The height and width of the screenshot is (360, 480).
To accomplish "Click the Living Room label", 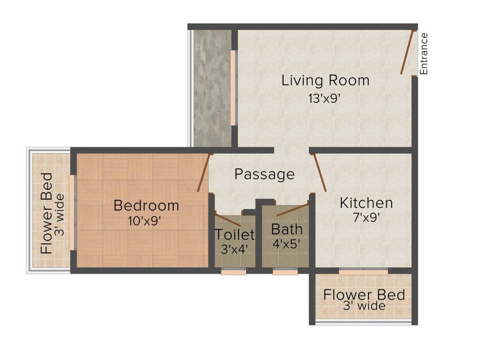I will [x=325, y=81].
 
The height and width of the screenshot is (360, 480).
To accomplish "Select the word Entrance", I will [x=424, y=53].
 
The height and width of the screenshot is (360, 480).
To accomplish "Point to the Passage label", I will [x=264, y=174].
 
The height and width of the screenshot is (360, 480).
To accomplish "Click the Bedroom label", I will [x=146, y=205].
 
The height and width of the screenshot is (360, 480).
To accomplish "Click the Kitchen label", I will [x=366, y=203].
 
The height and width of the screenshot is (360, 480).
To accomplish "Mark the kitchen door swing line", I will [x=319, y=172].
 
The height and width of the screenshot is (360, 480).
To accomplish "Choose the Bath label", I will [x=286, y=230].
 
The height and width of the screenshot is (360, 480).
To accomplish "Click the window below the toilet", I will [x=233, y=271].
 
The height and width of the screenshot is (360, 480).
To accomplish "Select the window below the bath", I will [x=285, y=271].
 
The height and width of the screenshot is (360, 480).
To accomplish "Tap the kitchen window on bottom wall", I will [x=363, y=271].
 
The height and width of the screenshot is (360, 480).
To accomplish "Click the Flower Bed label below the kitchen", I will [x=364, y=295].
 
